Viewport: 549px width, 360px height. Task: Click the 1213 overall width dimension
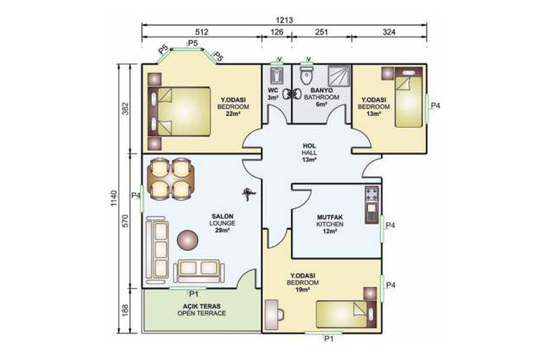point(284,20)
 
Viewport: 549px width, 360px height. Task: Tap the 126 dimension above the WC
point(276,33)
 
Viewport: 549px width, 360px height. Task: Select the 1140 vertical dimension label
point(114,198)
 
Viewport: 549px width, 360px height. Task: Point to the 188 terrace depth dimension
point(126,309)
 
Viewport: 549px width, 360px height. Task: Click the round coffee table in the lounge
point(188,240)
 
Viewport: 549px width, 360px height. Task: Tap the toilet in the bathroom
point(306,75)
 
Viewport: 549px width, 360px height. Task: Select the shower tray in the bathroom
point(339,75)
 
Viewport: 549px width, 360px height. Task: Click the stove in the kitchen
point(372,195)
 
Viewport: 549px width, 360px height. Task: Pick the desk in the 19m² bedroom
point(272,315)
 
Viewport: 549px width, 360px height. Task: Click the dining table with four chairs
point(171,178)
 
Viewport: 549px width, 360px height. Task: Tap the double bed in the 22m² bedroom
point(179,111)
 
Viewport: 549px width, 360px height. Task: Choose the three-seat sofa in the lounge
point(156,249)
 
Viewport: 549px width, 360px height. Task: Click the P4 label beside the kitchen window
point(390,225)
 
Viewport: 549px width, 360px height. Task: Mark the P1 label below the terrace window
point(194,294)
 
